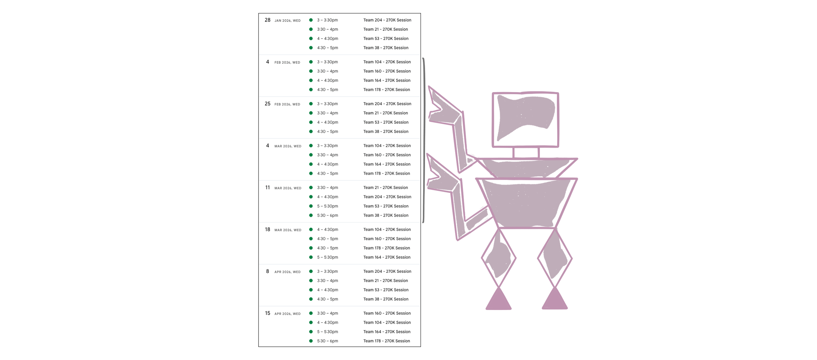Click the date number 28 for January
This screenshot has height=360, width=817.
point(267,20)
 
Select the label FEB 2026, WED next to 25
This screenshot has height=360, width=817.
point(287,104)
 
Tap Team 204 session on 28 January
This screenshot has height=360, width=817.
point(387,20)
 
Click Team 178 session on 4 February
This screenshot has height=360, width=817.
point(386,90)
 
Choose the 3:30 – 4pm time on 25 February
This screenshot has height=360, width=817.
point(327,113)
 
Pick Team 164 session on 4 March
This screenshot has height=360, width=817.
point(387,164)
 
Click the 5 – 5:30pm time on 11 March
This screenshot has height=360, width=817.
point(327,206)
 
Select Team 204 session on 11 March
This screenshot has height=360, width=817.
point(387,197)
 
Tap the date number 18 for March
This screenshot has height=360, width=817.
point(267,230)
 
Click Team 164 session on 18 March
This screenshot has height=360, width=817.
point(387,257)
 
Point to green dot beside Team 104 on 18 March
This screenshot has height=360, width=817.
point(311,230)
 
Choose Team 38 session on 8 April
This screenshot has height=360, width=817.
point(386,299)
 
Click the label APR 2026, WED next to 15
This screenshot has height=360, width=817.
point(287,314)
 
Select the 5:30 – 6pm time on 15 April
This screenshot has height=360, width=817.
point(327,341)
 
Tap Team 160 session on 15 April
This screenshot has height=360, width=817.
point(387,313)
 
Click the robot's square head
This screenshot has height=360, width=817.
point(525,120)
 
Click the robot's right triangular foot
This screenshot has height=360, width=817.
point(555,299)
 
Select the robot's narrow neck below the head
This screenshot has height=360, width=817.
point(525,153)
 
